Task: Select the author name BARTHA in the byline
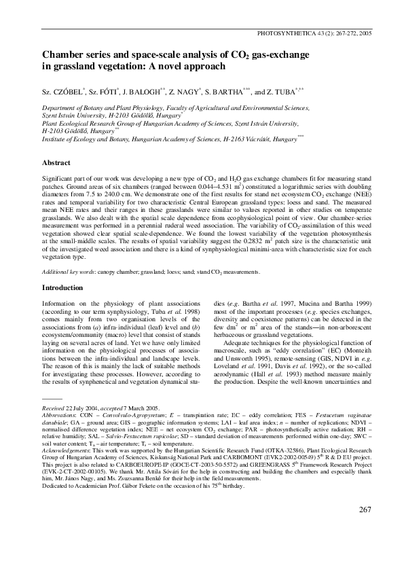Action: [257, 90]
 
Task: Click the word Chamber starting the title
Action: [63, 54]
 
